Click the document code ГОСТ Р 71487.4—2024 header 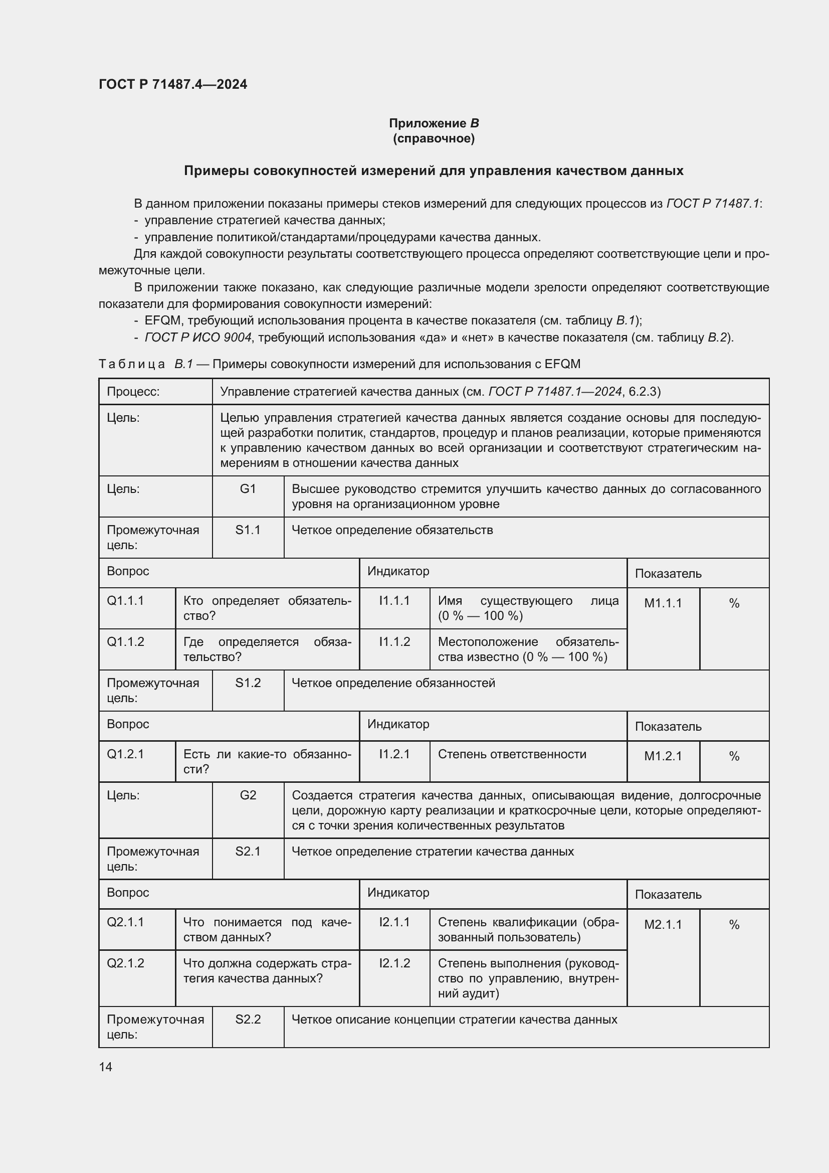pyautogui.click(x=172, y=84)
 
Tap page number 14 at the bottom pyautogui.click(x=105, y=1067)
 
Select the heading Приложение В pyautogui.click(x=434, y=123)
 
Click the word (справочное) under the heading pyautogui.click(x=434, y=138)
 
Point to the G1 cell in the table pyautogui.click(x=248, y=489)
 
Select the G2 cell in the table pyautogui.click(x=248, y=795)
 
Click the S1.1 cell pyautogui.click(x=248, y=530)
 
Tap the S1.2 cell pyautogui.click(x=248, y=683)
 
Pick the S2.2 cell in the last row pyautogui.click(x=248, y=1019)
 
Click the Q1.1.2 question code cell pyautogui.click(x=126, y=642)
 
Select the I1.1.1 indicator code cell pyautogui.click(x=394, y=601)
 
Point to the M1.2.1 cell pyautogui.click(x=663, y=756)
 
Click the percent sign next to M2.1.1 pyautogui.click(x=734, y=925)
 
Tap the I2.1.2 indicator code pyautogui.click(x=394, y=963)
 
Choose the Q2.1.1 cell pyautogui.click(x=126, y=922)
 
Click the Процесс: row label pyautogui.click(x=133, y=392)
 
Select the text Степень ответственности pyautogui.click(x=512, y=754)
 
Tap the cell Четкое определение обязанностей pyautogui.click(x=393, y=683)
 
